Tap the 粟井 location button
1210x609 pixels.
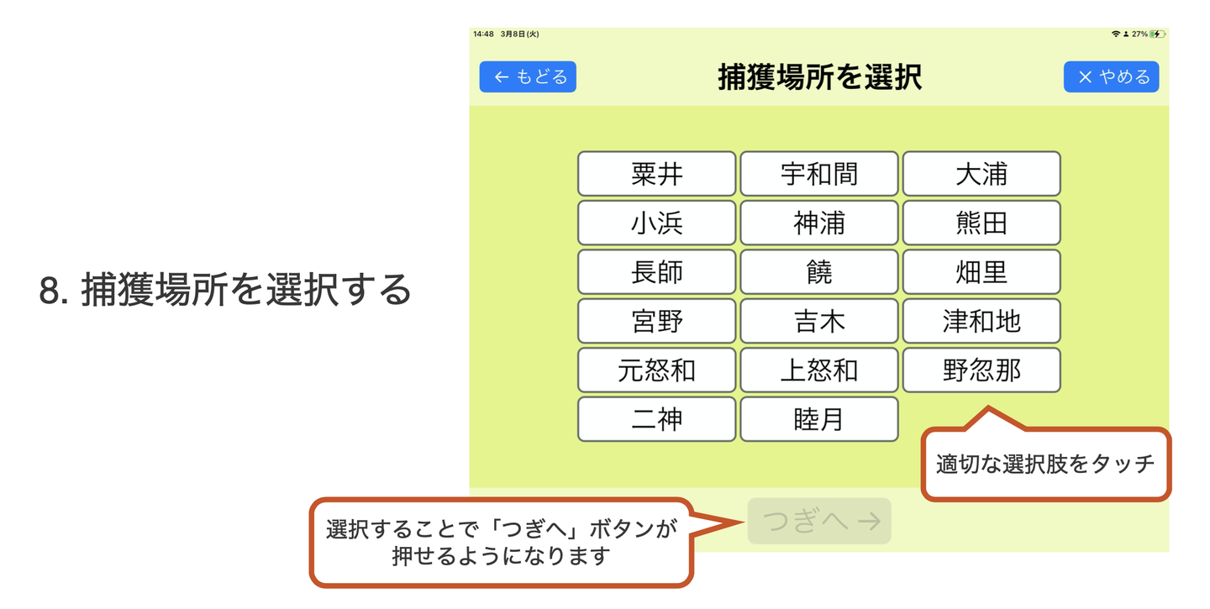pyautogui.click(x=656, y=173)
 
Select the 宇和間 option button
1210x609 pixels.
pyautogui.click(x=819, y=173)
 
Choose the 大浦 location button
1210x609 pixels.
pyautogui.click(x=981, y=173)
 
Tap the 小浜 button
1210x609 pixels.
pyautogui.click(x=656, y=223)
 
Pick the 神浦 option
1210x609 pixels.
pyautogui.click(x=819, y=223)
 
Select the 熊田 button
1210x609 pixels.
pyautogui.click(x=981, y=223)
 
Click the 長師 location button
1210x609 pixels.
pyautogui.click(x=656, y=271)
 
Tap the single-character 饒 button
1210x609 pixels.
pyautogui.click(x=819, y=271)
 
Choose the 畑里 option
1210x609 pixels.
pyautogui.click(x=981, y=271)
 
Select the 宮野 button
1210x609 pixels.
pyautogui.click(x=656, y=321)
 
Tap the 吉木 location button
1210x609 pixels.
pyautogui.click(x=819, y=321)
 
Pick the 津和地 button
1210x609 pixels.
pyautogui.click(x=981, y=321)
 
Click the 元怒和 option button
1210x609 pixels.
pyautogui.click(x=656, y=370)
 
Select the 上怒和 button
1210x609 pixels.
pyautogui.click(x=819, y=370)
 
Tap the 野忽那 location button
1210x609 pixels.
pyautogui.click(x=981, y=370)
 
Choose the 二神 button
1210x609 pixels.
pyautogui.click(x=656, y=419)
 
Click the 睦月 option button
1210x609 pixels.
pyautogui.click(x=819, y=419)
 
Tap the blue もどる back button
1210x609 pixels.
pyautogui.click(x=528, y=76)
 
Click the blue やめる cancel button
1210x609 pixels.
pyautogui.click(x=1111, y=76)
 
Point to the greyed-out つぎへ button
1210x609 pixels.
pyautogui.click(x=819, y=521)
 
